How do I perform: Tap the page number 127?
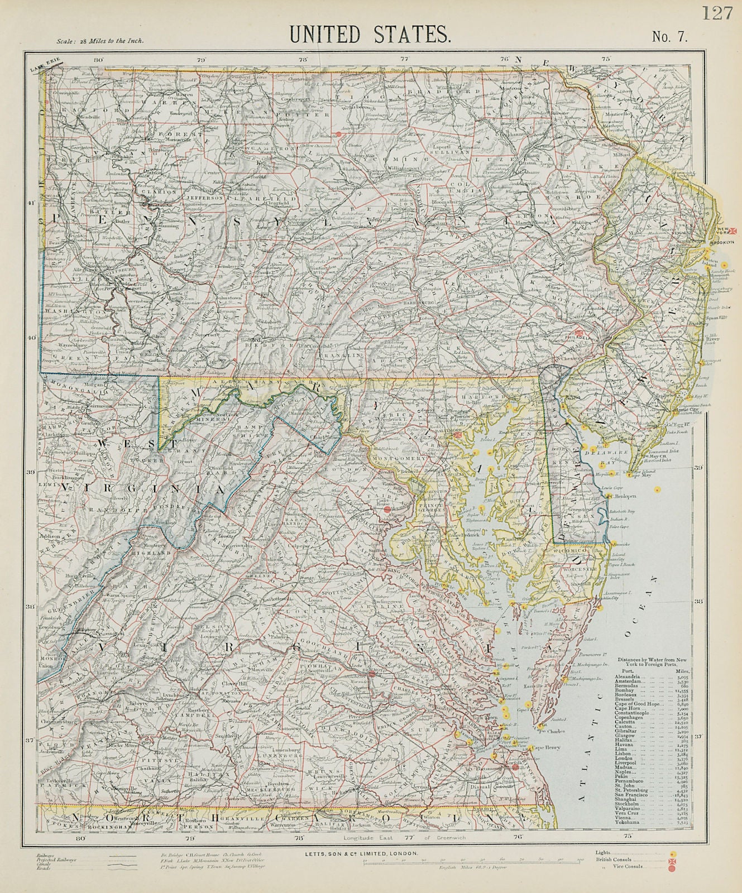(717, 12)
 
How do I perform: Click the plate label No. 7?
(670, 37)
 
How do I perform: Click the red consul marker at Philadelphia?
(580, 333)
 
